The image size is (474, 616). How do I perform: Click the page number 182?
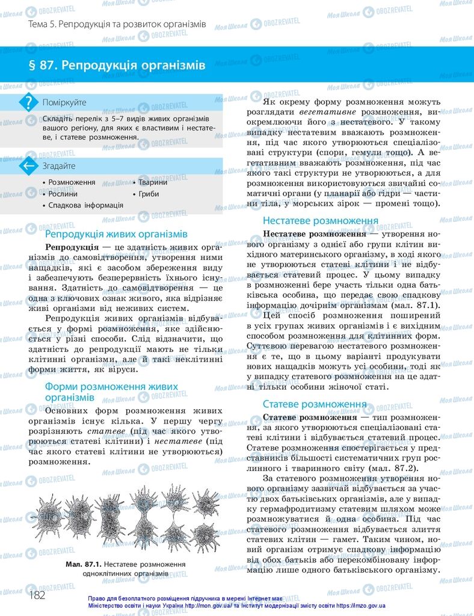[37, 594]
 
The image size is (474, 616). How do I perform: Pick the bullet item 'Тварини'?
[153, 182]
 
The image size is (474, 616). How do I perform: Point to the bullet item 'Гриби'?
[149, 194]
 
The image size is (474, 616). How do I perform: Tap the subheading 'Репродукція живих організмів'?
[117, 233]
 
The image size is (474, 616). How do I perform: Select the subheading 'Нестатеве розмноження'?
[320, 220]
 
